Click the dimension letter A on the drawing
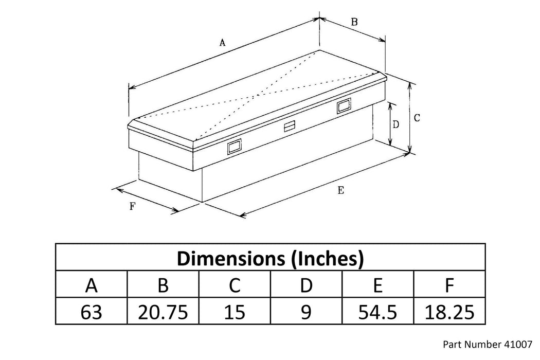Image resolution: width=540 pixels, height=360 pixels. pyautogui.click(x=223, y=43)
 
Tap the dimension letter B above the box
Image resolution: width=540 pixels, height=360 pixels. pyautogui.click(x=354, y=22)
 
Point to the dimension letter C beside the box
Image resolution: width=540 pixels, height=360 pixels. pyautogui.click(x=417, y=118)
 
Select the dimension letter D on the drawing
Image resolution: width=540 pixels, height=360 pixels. pyautogui.click(x=395, y=124)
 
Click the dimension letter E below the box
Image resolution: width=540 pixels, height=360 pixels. pyautogui.click(x=340, y=190)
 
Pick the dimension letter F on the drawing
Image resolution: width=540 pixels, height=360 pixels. pyautogui.click(x=133, y=206)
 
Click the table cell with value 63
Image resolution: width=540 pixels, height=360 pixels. pyautogui.click(x=91, y=312)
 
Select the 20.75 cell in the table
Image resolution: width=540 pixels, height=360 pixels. pyautogui.click(x=163, y=312)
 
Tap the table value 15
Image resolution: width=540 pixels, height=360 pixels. pyautogui.click(x=235, y=312)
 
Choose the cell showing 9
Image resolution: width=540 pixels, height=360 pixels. pyautogui.click(x=306, y=312)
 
